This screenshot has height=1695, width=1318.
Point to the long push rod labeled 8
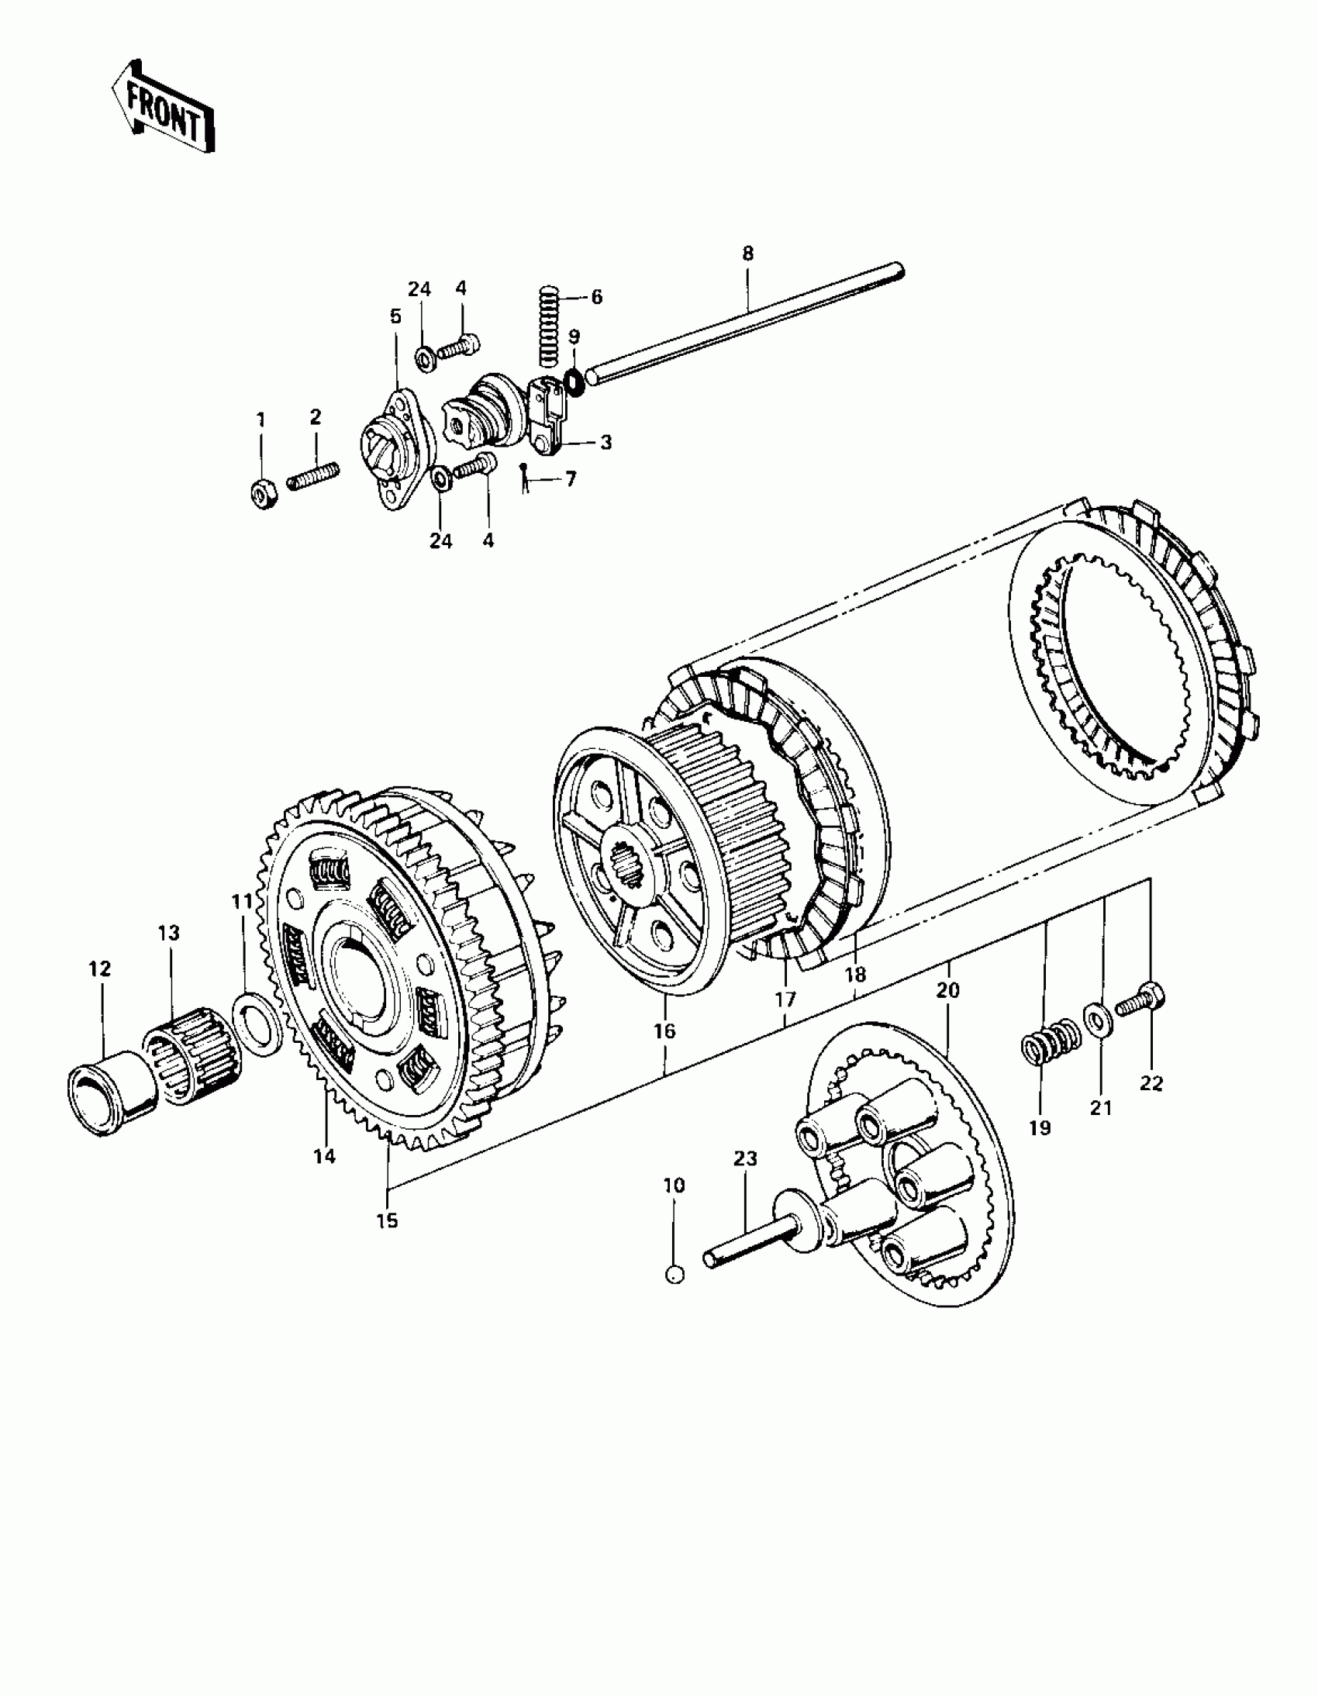point(745,323)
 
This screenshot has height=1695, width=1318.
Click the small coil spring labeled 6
point(549,326)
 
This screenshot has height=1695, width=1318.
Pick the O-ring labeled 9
point(574,382)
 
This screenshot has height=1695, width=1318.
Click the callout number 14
point(324,1177)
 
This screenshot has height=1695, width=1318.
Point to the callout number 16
point(664,1030)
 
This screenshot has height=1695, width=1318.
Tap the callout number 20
point(948,990)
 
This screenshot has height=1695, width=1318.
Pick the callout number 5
point(395,316)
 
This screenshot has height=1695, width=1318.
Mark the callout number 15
point(387,1220)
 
